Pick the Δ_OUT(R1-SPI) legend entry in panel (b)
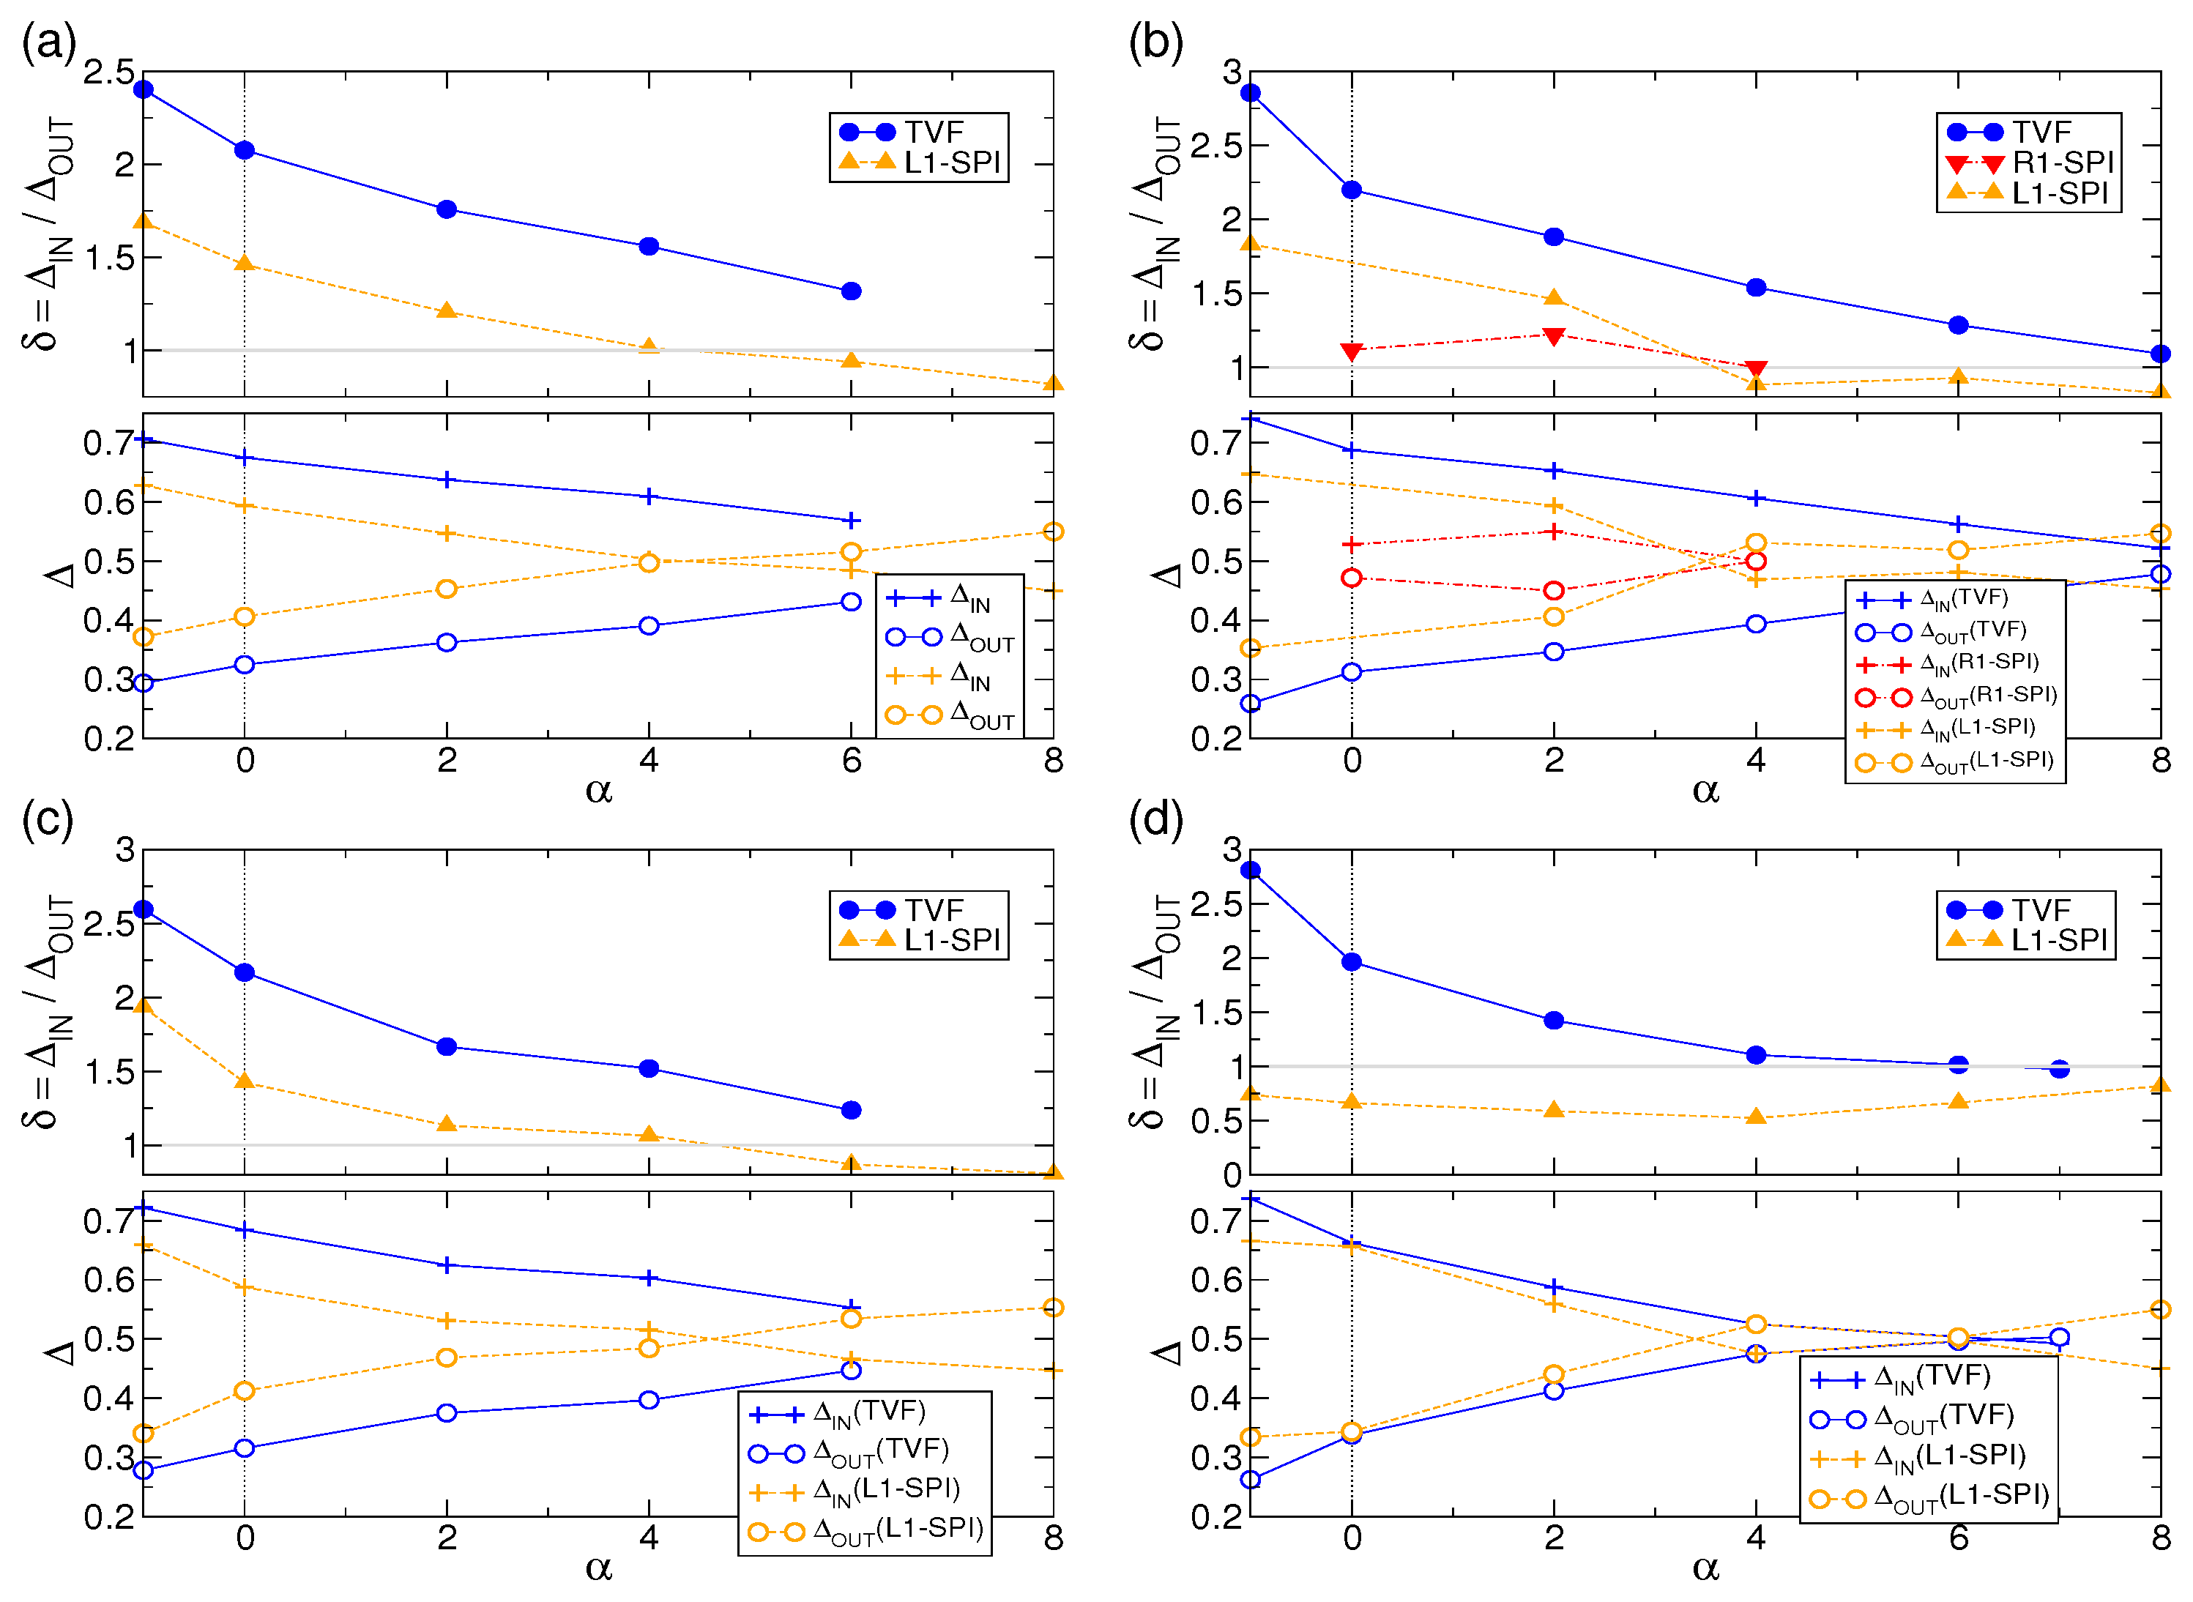coord(1955,696)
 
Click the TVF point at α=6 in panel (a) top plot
coord(851,291)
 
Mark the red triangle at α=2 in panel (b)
coord(1553,335)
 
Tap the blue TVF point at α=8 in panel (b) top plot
coord(2159,354)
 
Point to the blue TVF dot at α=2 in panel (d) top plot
coord(1553,1020)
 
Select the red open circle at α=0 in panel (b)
coord(1351,578)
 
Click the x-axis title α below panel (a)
coord(598,790)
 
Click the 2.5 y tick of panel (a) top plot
coord(108,72)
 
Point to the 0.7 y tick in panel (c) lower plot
coord(108,1220)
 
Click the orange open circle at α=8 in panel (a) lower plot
coord(1054,532)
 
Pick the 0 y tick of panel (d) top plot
coord(1231,1174)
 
